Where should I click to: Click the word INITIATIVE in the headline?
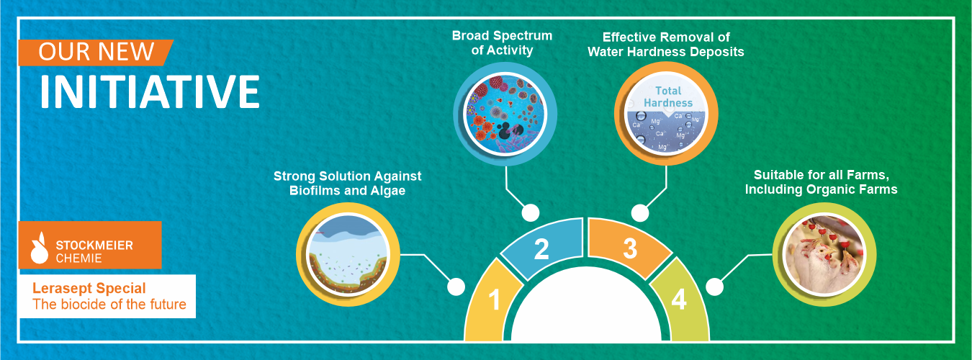tap(150, 91)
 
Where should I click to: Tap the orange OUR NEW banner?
tap(96, 53)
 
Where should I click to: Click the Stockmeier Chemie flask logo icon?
tap(39, 248)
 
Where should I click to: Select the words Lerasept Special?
tap(89, 289)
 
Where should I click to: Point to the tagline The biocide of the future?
tap(109, 305)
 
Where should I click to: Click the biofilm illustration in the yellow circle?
tap(348, 255)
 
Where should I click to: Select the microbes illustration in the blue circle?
tap(505, 114)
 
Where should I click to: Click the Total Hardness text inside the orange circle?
tap(668, 96)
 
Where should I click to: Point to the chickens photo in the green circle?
tap(824, 254)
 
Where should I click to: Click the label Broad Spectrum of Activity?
tap(502, 42)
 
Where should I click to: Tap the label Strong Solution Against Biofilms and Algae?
tap(347, 183)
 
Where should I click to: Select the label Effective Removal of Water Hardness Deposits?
tap(666, 44)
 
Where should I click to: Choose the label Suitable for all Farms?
tap(821, 175)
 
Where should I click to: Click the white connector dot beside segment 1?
tap(456, 287)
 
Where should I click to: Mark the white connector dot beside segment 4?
tap(714, 287)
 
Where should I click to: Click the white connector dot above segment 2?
tap(530, 213)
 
